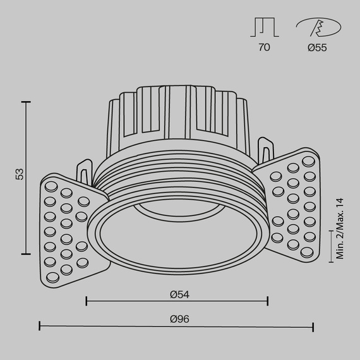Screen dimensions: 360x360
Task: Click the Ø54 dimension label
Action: (179, 294)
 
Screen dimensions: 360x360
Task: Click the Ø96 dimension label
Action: (179, 319)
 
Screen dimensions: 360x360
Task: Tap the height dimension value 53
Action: (20, 174)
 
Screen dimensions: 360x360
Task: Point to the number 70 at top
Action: (264, 48)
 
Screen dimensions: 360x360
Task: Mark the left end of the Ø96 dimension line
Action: (40, 326)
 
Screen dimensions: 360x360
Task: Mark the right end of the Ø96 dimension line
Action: (313, 326)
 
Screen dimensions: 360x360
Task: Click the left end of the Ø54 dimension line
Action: (86, 301)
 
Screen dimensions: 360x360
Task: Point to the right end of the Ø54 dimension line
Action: (268, 301)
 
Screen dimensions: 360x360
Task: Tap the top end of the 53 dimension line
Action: (26, 101)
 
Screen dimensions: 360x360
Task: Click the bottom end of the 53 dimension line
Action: (26, 253)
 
